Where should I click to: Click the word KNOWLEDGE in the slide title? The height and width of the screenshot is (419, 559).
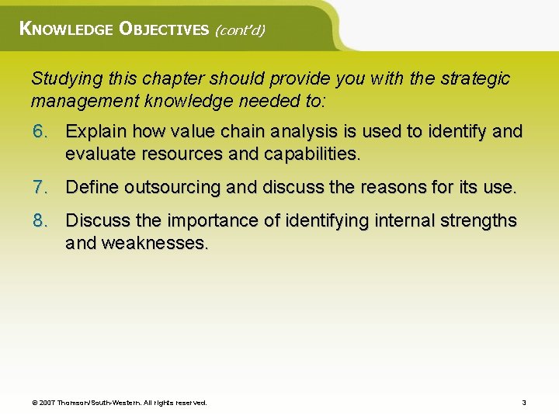point(65,29)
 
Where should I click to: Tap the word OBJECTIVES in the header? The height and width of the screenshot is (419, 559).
point(164,29)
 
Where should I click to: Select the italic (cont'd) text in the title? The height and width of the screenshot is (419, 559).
point(240,30)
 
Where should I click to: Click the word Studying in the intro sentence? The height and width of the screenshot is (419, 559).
point(62,78)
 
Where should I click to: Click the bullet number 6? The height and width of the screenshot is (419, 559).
point(40,131)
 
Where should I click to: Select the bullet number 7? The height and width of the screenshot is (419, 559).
point(40,187)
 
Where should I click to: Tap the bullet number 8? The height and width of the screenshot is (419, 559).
point(40,221)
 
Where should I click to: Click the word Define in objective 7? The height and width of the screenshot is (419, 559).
point(92,187)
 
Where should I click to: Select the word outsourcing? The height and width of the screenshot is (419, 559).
point(172,187)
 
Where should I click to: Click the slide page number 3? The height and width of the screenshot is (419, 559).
point(524,403)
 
